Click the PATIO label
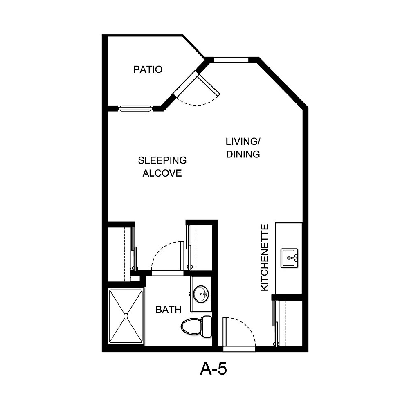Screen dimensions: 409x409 click(148, 70)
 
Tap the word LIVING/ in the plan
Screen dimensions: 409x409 click(243, 142)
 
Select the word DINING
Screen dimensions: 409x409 click(243, 154)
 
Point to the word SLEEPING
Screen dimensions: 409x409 click(162, 160)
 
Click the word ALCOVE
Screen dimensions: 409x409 click(162, 173)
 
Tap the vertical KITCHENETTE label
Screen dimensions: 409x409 click(265, 257)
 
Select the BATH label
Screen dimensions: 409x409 click(168, 310)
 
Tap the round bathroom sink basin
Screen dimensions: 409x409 click(200, 294)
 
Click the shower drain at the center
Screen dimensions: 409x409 click(126, 316)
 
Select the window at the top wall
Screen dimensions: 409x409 click(231, 60)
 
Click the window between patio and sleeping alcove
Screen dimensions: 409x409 click(135, 108)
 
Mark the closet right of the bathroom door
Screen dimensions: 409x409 click(200, 247)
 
